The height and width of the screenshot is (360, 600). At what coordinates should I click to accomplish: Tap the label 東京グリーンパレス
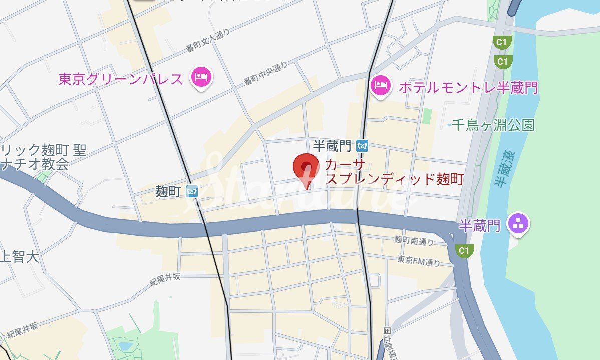tap(120, 79)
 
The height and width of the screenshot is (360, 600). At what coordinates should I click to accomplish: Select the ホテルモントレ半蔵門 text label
tap(468, 88)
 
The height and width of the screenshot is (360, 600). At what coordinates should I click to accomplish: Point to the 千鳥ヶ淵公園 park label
tap(493, 125)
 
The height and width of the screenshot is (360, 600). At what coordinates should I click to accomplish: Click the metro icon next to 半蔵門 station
tap(363, 146)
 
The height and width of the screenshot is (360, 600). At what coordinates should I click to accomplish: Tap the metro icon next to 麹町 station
tap(192, 191)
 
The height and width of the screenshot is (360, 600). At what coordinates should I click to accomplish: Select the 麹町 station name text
tap(168, 191)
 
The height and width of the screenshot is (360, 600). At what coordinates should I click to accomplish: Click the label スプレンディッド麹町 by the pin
tap(395, 179)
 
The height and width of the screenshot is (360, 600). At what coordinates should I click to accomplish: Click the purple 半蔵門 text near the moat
tap(480, 226)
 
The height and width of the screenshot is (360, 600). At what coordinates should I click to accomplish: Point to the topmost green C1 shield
tap(501, 42)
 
